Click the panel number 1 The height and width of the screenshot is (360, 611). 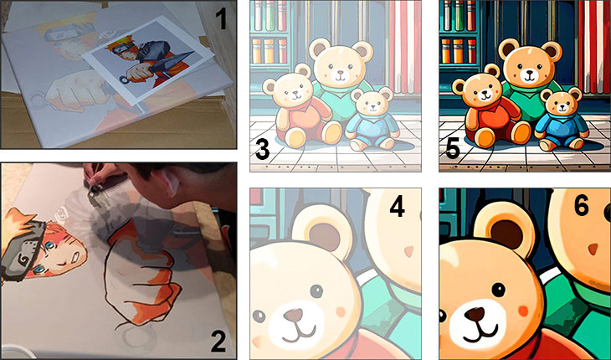click(x=221, y=18)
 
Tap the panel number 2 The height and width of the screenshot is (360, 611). click(x=218, y=342)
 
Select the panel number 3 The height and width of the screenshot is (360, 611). click(x=262, y=151)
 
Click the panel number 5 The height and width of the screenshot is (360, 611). click(x=452, y=151)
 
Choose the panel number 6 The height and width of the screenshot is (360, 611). click(x=581, y=206)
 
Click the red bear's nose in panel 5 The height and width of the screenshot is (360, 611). click(x=484, y=94)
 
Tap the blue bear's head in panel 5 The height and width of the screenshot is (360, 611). click(x=560, y=102)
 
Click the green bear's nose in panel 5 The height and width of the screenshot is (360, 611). click(x=529, y=73)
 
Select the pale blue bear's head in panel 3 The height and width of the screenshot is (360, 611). click(x=372, y=102)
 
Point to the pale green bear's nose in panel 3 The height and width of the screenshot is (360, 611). click(x=340, y=73)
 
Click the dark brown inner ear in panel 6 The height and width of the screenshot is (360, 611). click(x=506, y=233)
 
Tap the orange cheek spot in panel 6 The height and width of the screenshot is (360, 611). click(x=523, y=311)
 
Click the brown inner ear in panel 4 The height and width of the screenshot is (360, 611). click(x=326, y=235)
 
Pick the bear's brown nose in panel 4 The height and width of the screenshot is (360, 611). click(x=293, y=314)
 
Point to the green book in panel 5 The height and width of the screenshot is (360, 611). click(x=460, y=16)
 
